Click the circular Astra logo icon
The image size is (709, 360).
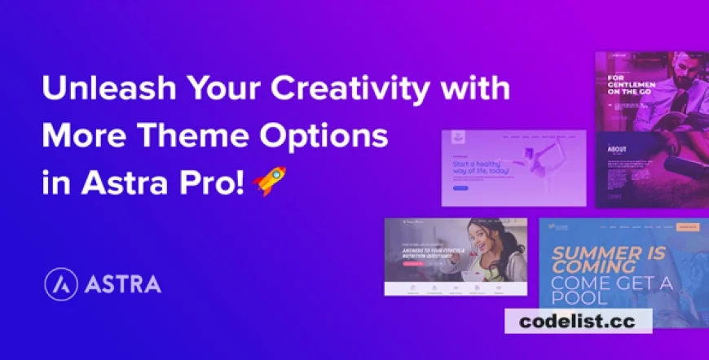pyautogui.click(x=59, y=284)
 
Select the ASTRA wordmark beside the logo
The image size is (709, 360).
pyautogui.click(x=121, y=285)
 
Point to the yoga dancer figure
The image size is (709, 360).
pyautogui.click(x=538, y=162)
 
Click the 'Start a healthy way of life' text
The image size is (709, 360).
pyautogui.click(x=483, y=168)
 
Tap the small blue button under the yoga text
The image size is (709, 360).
pyautogui.click(x=460, y=189)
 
